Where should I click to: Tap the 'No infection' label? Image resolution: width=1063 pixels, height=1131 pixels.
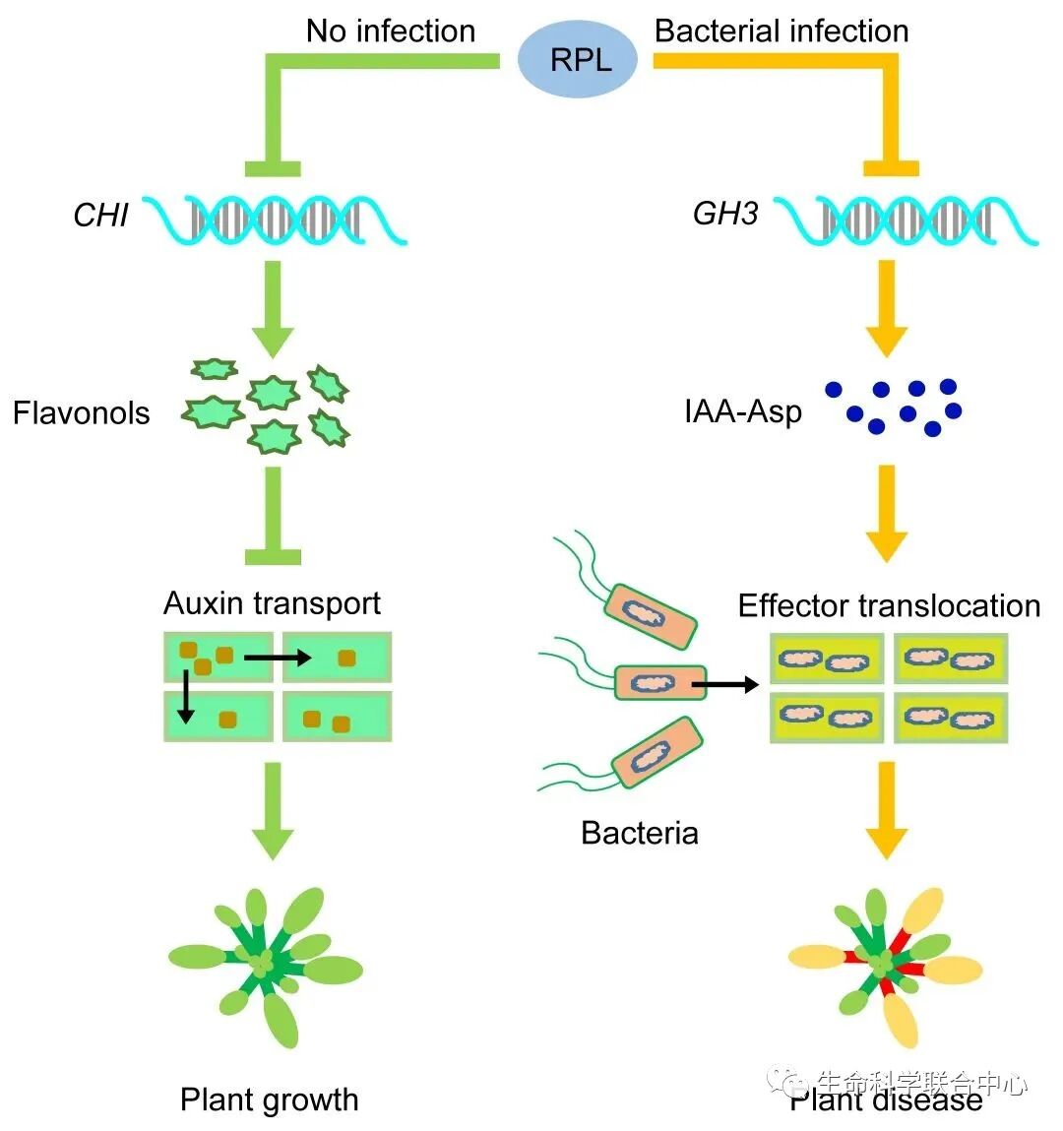pyautogui.click(x=391, y=31)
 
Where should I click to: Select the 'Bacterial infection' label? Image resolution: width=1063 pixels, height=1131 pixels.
pyautogui.click(x=782, y=31)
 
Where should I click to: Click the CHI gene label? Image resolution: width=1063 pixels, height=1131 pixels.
pyautogui.click(x=100, y=215)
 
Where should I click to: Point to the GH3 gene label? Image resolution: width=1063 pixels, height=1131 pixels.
pyautogui.click(x=725, y=214)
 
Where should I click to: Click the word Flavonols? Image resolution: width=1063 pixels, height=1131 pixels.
pyautogui.click(x=82, y=412)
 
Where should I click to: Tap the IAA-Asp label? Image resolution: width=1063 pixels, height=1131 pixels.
pyautogui.click(x=743, y=410)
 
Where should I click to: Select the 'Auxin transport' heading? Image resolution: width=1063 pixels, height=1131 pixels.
pyautogui.click(x=272, y=602)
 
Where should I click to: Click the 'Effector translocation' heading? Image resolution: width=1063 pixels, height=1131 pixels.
pyautogui.click(x=889, y=605)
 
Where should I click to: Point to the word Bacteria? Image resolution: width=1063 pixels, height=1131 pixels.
pyautogui.click(x=640, y=833)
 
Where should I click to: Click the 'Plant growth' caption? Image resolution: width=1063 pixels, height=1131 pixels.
pyautogui.click(x=270, y=1100)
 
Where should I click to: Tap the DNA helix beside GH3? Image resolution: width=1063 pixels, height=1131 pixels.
pyautogui.click(x=906, y=220)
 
